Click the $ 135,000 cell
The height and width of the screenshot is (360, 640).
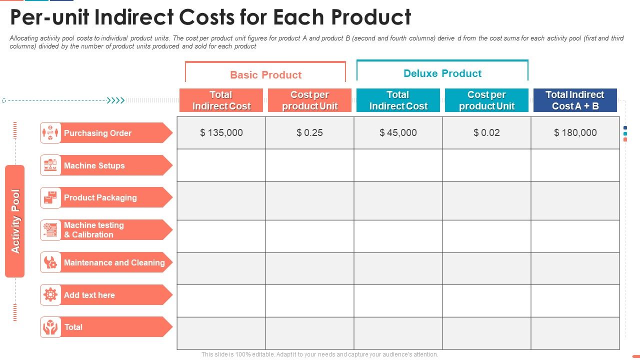(221, 132)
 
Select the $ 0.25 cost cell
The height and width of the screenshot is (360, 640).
(309, 132)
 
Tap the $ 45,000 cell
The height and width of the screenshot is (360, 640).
(398, 132)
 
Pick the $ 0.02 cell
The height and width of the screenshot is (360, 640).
(486, 132)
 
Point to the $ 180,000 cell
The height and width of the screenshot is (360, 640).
(575, 132)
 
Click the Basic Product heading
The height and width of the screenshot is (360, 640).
(265, 75)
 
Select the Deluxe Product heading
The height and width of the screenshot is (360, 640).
(442, 73)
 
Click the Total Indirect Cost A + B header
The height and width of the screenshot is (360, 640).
(575, 100)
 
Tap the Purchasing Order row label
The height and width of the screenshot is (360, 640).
(97, 133)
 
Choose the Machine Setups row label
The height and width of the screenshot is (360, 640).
(94, 165)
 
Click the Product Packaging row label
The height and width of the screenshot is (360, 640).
(100, 197)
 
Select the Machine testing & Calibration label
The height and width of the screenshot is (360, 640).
(94, 230)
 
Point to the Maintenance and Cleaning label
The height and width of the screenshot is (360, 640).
(114, 262)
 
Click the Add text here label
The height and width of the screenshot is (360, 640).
(89, 295)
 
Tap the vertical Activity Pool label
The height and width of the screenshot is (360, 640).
(15, 221)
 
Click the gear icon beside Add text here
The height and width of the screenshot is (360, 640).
(50, 295)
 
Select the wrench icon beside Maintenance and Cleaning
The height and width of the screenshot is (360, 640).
(50, 262)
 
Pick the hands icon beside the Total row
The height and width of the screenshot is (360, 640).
(50, 327)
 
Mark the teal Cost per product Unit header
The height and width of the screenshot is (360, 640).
(486, 100)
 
